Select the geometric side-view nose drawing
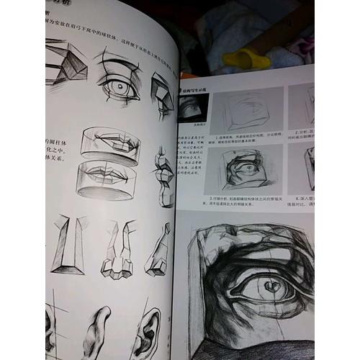pos(159,248)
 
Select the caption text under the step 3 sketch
pos(245,201)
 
